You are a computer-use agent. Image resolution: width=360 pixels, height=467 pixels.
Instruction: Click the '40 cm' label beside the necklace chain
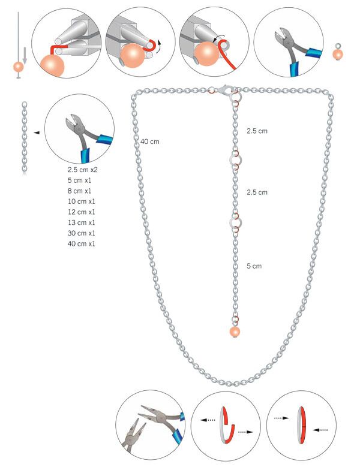click(x=149, y=141)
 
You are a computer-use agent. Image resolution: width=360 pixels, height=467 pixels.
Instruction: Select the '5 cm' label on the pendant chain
click(x=254, y=266)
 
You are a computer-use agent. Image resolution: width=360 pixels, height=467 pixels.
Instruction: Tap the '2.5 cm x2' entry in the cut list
click(x=83, y=170)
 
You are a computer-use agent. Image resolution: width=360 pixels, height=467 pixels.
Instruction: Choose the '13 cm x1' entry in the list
click(x=82, y=222)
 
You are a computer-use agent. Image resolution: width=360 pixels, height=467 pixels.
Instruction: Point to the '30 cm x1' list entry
click(x=82, y=233)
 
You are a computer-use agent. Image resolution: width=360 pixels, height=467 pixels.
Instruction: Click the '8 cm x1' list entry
click(x=79, y=191)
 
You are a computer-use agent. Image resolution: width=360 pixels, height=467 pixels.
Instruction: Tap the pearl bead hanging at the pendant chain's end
click(x=235, y=332)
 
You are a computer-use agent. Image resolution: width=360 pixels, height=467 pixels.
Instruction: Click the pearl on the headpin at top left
click(x=19, y=67)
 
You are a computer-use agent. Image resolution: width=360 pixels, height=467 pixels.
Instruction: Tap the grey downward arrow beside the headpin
click(x=25, y=55)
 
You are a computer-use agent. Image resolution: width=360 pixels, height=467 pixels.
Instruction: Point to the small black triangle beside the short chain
click(x=37, y=132)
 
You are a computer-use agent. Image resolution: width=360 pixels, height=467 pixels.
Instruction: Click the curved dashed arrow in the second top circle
click(x=160, y=47)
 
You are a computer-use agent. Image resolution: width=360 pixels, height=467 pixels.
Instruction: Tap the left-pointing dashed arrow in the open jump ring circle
click(x=208, y=420)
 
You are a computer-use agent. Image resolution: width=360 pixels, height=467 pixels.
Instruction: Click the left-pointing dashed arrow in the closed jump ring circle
click(x=320, y=430)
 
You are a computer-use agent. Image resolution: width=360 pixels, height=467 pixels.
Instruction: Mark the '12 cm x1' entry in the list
click(x=82, y=212)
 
